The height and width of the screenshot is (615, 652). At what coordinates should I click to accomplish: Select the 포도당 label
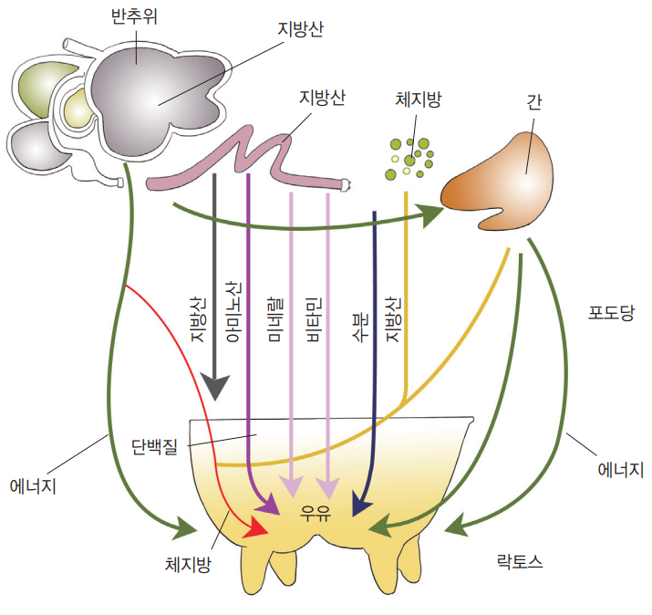612,313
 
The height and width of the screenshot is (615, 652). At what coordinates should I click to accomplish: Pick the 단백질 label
154,445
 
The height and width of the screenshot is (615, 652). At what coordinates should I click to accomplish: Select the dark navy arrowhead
361,504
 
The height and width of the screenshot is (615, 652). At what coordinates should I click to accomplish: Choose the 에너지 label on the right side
621,471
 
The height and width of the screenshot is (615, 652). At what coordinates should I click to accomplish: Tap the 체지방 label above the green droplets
419,100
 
